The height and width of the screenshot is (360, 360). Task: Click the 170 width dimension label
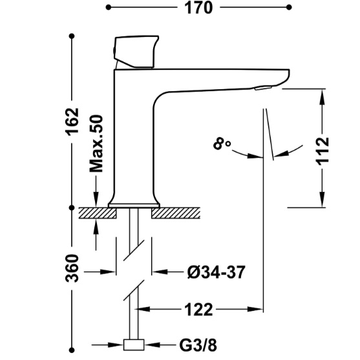198,8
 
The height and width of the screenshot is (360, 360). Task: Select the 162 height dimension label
72,122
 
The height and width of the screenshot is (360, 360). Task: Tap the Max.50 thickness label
96,143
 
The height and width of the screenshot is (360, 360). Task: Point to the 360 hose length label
72,268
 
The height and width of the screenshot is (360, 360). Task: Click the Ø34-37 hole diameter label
217,272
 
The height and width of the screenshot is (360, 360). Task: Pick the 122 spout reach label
198,310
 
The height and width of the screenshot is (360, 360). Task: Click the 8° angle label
222,144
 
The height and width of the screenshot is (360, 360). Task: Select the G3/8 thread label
198,345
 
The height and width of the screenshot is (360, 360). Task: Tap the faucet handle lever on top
136,52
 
